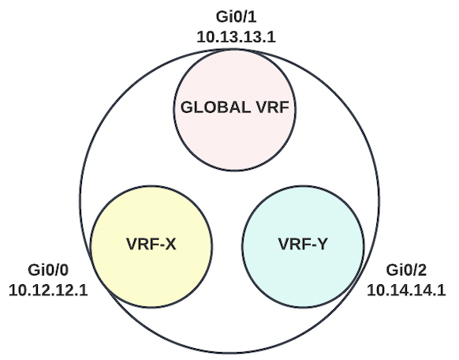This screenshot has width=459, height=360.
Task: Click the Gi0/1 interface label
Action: click(237, 17)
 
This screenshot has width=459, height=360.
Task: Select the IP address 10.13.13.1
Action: click(237, 37)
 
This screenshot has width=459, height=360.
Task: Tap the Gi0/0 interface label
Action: click(48, 270)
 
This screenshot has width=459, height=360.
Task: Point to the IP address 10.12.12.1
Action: click(48, 291)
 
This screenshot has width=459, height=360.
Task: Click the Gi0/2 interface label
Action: click(406, 270)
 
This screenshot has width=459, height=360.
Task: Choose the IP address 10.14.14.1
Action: click(406, 291)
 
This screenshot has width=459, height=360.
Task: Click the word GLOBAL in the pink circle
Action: click(215, 107)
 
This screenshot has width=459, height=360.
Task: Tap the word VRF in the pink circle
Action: click(273, 107)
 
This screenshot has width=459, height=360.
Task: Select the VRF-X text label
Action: click(151, 244)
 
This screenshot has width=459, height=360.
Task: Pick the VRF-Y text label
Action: click(304, 244)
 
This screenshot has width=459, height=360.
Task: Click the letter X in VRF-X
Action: click(170, 244)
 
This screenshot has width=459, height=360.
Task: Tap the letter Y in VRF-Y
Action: click(323, 244)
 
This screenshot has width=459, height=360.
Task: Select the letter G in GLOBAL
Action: click(186, 107)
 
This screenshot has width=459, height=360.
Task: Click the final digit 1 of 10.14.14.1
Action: click(442, 291)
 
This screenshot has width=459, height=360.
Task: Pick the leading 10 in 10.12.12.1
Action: click(17, 291)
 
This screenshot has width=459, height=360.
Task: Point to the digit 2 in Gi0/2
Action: click(422, 270)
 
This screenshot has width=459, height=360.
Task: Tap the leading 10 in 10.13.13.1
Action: click(205, 37)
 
